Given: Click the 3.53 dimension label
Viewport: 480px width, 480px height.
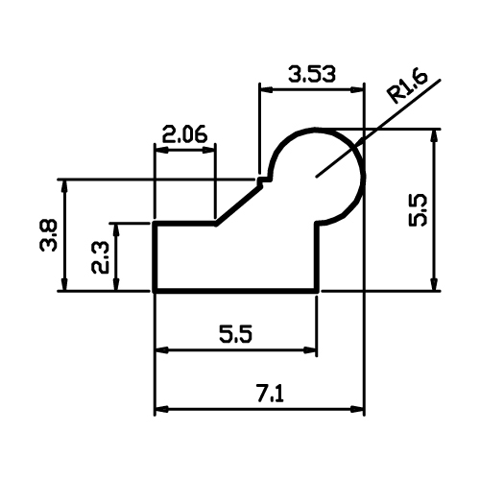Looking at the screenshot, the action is (312, 74).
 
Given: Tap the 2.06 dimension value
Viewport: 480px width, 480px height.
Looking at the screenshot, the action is (184, 134).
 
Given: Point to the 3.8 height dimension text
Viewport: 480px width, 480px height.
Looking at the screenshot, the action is (49, 235).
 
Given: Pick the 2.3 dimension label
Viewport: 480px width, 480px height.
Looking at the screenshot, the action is (100, 257).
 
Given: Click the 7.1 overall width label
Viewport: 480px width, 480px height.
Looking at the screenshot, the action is (270, 395).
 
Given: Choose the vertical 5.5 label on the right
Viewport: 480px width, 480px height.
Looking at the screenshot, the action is (418, 210).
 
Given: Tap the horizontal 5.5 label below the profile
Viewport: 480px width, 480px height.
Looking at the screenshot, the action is (236, 334).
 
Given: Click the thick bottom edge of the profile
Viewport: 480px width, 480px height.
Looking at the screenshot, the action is (236, 291).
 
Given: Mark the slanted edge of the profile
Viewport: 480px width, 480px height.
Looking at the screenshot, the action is (239, 204).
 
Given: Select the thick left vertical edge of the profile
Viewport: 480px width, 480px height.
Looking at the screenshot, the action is (155, 256).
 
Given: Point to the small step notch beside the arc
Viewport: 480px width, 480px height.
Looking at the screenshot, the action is (264, 180).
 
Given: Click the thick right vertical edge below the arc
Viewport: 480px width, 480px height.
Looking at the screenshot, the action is (317, 256).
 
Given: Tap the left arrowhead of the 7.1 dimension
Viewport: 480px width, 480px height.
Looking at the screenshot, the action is (161, 409).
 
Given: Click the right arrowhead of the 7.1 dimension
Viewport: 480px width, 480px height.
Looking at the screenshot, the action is (357, 409).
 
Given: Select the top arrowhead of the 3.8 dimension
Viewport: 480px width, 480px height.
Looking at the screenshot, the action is (64, 186).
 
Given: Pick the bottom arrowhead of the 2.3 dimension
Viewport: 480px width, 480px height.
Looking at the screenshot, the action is (116, 284).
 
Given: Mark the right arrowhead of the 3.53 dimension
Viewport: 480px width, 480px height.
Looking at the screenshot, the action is (357, 90).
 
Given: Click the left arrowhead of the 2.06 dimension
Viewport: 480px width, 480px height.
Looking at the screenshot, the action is (161, 150).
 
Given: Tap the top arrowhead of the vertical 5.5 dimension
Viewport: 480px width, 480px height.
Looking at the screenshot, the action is (434, 136).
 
